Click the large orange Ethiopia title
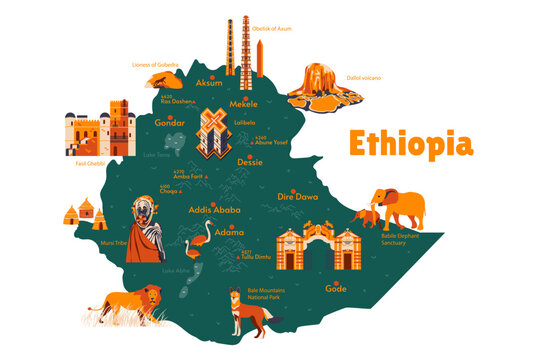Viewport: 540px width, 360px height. pyautogui.click(x=409, y=144)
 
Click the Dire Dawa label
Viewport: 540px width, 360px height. pyautogui.click(x=298, y=197)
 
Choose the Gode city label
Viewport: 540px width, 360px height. pyautogui.click(x=336, y=288)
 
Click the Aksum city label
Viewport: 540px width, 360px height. pyautogui.click(x=209, y=82)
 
